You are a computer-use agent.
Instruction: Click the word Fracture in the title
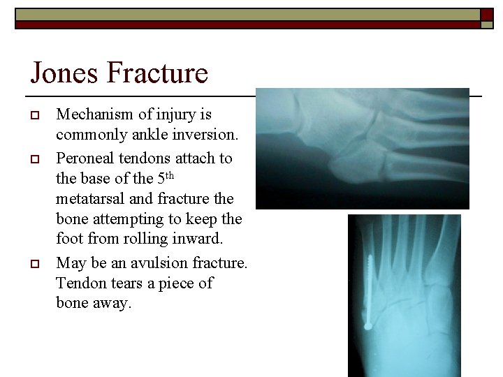click(164, 73)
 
